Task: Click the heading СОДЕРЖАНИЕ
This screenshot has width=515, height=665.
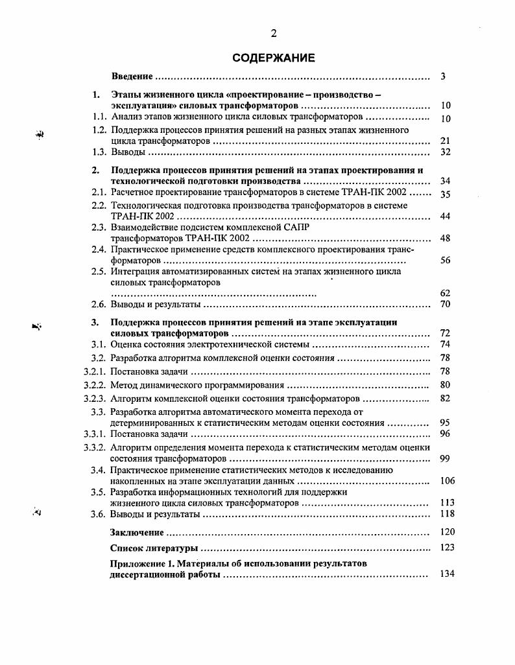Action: (274, 58)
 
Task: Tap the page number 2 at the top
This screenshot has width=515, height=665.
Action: (274, 34)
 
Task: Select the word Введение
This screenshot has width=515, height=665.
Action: (132, 76)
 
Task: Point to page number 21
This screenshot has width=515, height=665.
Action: (445, 141)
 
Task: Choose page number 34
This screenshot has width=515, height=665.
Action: (445, 181)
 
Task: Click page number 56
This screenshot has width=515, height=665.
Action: (445, 260)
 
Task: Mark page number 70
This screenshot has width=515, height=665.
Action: (445, 304)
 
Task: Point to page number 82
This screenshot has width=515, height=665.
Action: (445, 398)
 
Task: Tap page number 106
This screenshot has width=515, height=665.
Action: (447, 481)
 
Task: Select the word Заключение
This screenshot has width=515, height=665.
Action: (136, 532)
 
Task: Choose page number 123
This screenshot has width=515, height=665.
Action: (447, 548)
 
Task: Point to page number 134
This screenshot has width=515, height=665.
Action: (447, 574)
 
